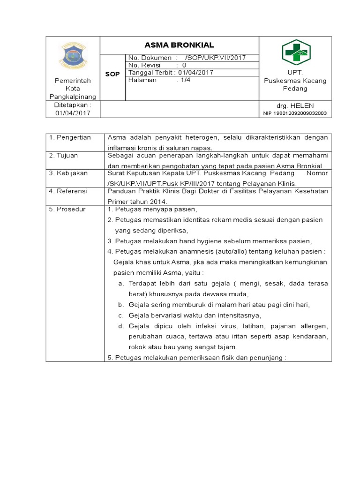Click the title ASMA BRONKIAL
click(179, 45)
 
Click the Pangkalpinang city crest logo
click(72, 55)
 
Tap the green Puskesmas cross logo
click(296, 52)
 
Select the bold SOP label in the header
click(112, 74)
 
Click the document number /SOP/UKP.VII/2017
click(215, 58)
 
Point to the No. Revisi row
click(157, 66)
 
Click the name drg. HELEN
click(295, 105)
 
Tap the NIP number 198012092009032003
click(295, 113)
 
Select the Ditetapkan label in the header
click(72, 105)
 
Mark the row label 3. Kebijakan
click(68, 173)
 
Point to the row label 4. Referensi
click(68, 191)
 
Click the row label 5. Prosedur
click(67, 209)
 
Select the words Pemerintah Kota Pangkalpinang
click(72, 89)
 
